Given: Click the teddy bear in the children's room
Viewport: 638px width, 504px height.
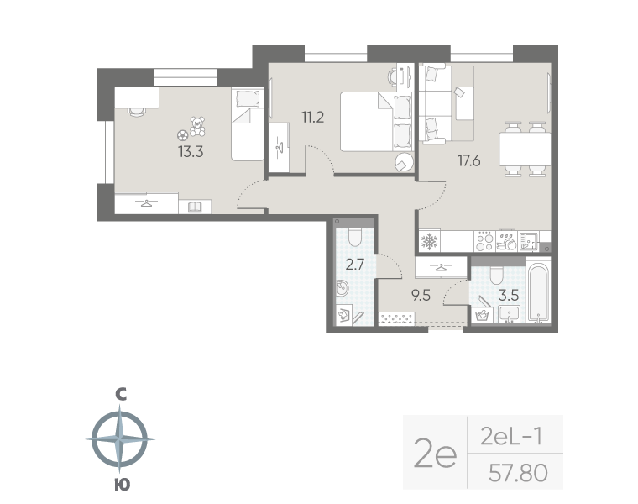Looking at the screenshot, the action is pos(198,126).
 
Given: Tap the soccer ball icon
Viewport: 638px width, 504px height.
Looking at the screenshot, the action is pos(183,135).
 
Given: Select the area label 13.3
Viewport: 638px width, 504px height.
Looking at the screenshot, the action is pos(191,152).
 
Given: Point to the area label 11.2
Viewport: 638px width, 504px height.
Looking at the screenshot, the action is pos(312,118).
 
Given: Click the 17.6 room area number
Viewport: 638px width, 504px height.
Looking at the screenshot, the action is pos(468,160).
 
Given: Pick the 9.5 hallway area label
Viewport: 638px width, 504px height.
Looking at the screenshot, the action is pos(421,295).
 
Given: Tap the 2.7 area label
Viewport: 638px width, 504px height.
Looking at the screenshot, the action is pos(355,265).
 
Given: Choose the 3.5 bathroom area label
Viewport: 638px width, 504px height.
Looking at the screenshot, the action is pos(509,295).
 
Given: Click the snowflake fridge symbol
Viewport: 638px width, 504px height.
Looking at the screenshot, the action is pos(429,241).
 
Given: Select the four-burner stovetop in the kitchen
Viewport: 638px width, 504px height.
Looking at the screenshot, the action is pos(485,241).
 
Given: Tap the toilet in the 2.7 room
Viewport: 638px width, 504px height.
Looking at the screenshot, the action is pos(355,237).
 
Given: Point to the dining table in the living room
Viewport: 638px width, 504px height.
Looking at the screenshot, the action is pos(525,149).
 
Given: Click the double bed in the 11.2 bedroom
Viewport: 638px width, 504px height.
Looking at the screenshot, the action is pos(376,121).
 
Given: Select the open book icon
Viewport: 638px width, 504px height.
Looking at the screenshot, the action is pos(195,207).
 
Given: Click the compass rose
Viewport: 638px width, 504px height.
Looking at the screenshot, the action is pos(119,439).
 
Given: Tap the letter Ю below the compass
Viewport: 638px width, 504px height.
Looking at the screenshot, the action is pos(122,485).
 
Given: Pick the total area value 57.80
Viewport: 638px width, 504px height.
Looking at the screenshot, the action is pos(518,473).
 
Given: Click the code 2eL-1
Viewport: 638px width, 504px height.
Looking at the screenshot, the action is pos(511,438).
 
